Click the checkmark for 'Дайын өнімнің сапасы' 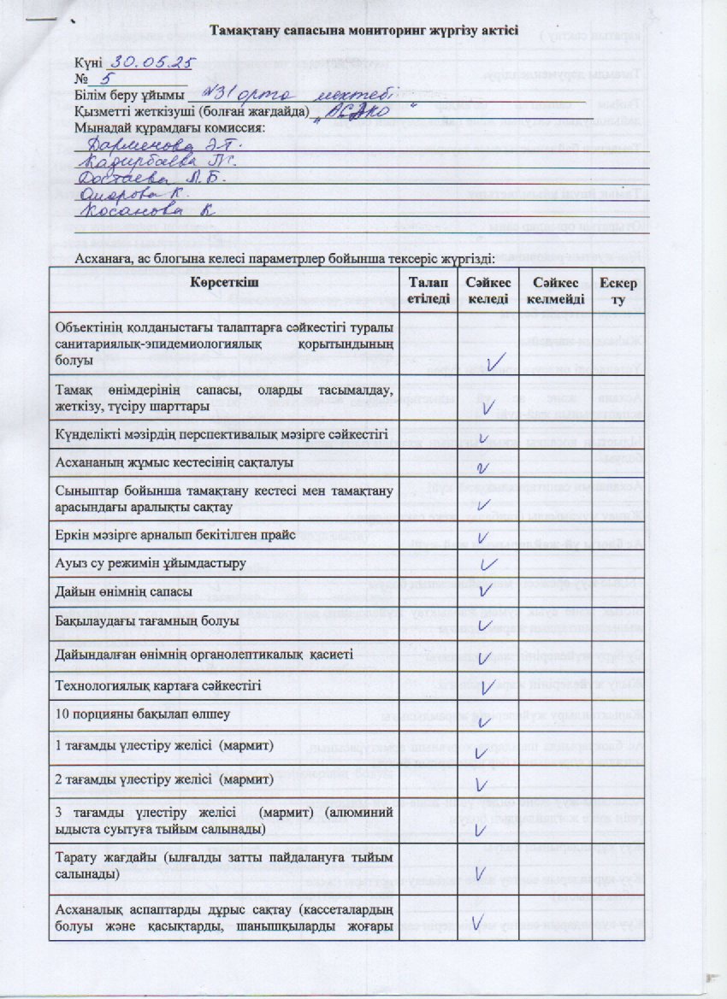[484, 591]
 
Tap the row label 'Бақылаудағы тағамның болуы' [146, 621]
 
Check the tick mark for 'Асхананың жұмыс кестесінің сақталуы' [482, 467]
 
